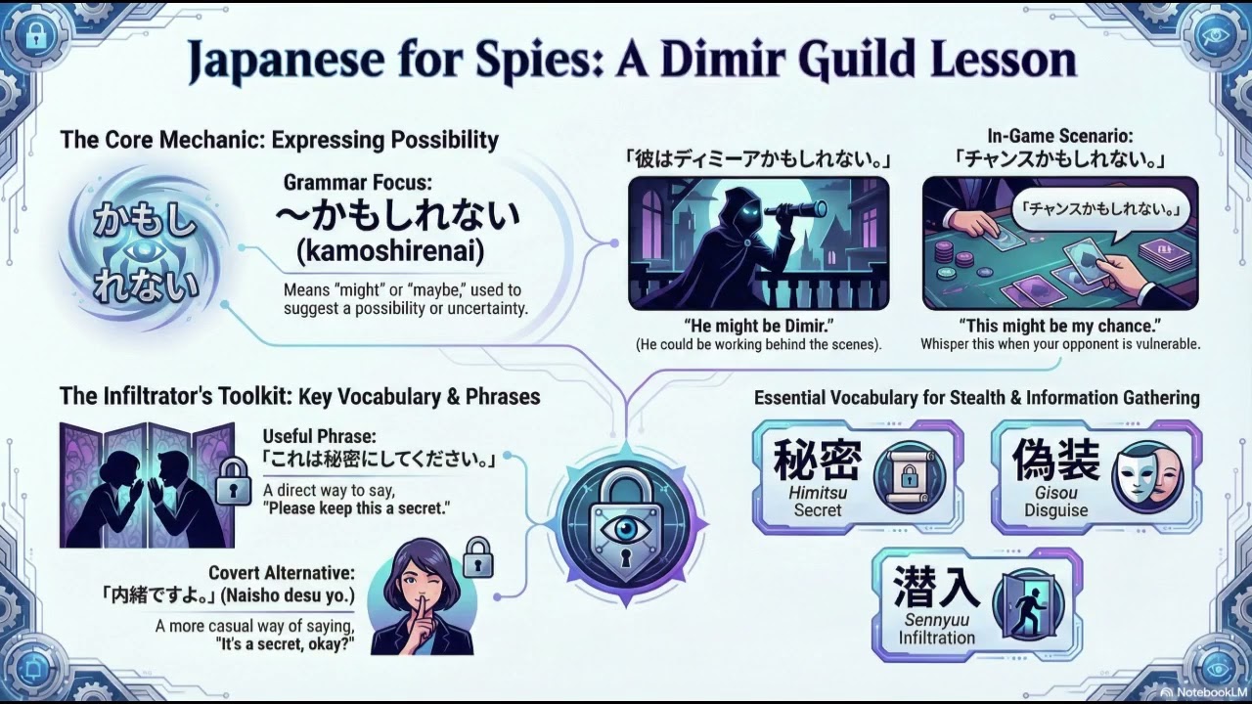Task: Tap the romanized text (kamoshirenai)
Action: pyautogui.click(x=390, y=252)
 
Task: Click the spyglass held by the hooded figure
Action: pyautogui.click(x=795, y=210)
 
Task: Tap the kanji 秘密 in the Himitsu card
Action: pyautogui.click(x=817, y=460)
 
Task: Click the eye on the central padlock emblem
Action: pyautogui.click(x=624, y=529)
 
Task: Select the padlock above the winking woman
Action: pyautogui.click(x=478, y=557)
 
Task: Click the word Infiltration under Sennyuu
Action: pyautogui.click(x=937, y=638)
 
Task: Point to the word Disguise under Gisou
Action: pyautogui.click(x=1055, y=510)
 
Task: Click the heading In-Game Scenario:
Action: pyautogui.click(x=1060, y=136)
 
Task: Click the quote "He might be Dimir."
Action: pyautogui.click(x=758, y=326)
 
